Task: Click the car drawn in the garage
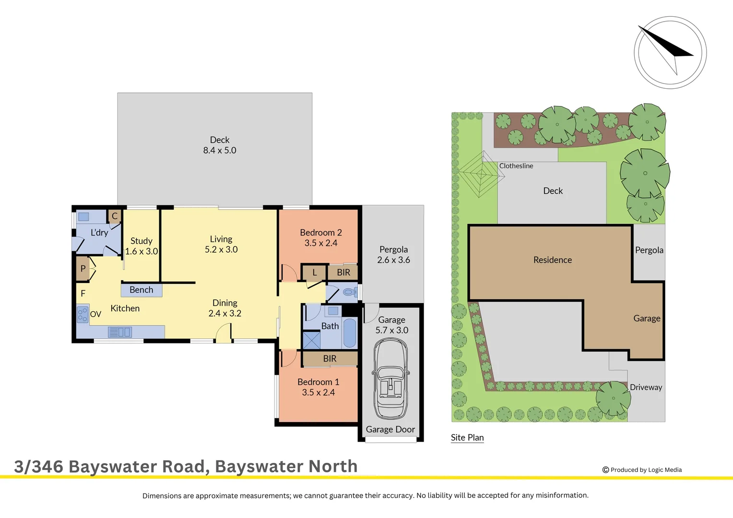391,378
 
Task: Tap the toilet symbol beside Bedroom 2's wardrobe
350,292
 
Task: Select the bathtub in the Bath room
350,333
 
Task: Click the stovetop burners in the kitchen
83,314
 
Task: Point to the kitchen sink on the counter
119,332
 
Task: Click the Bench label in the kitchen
141,290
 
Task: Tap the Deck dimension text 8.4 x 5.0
220,151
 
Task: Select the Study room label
142,241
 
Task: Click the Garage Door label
390,430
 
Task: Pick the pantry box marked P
83,269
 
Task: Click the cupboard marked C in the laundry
115,216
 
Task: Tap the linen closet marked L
314,272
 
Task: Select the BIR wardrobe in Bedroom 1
330,359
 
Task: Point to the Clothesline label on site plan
516,166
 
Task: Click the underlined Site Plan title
467,437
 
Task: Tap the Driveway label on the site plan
646,388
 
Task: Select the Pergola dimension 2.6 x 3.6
393,260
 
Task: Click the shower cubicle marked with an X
311,340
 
